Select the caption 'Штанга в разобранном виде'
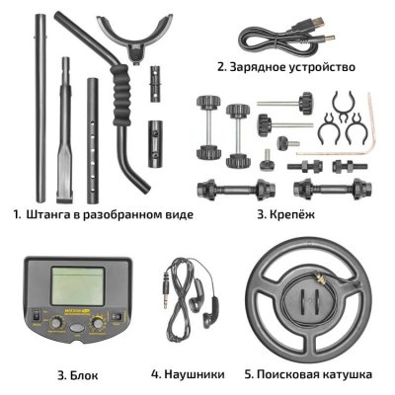[109, 212]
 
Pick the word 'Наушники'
[196, 374]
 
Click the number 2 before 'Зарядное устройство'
[222, 69]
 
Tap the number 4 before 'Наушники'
[156, 374]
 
